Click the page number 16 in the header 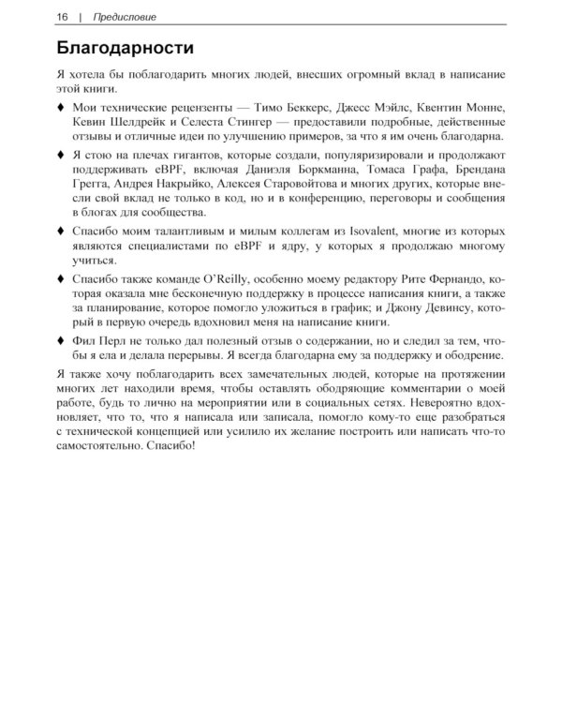tap(62, 16)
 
